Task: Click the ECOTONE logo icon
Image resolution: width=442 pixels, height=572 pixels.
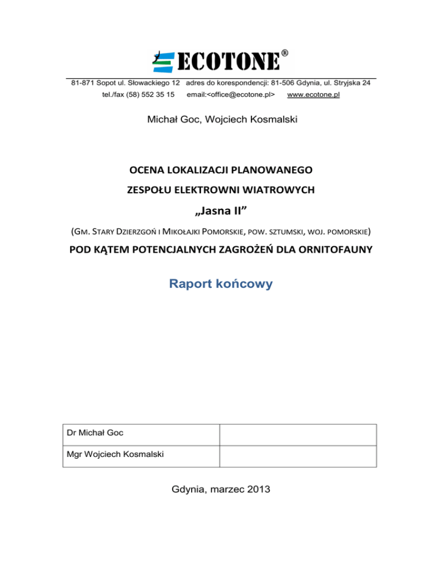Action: click(x=163, y=60)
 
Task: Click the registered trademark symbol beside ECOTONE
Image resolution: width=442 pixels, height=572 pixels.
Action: click(x=285, y=54)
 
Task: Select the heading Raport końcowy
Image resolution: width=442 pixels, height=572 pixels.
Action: click(x=222, y=284)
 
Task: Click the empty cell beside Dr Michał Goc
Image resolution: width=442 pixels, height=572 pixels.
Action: click(x=298, y=435)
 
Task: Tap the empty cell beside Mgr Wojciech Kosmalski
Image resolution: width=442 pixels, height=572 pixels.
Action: click(x=298, y=456)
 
